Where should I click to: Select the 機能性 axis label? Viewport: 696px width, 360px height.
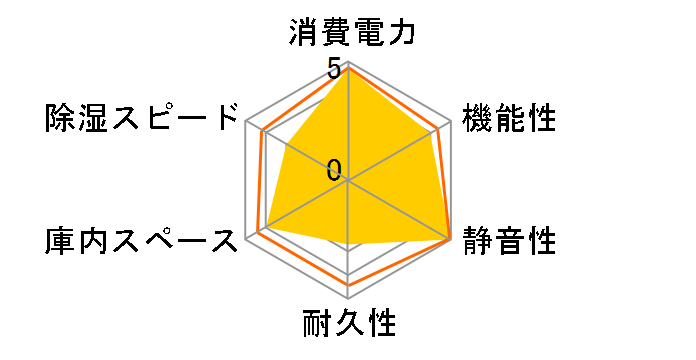[x=509, y=120]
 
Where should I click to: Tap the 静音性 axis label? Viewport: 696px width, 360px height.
[x=509, y=241]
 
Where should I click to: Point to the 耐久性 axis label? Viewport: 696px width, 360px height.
[x=348, y=325]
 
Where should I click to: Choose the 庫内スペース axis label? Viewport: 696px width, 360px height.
[x=143, y=241]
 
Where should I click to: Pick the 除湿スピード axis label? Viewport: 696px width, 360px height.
[x=143, y=120]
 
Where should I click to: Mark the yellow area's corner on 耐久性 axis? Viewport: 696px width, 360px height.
[x=348, y=244]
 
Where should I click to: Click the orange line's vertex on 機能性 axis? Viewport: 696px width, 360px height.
[x=439, y=128]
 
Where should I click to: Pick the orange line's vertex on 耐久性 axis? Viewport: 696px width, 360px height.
[x=348, y=285]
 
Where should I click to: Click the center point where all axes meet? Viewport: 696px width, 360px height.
[x=348, y=181]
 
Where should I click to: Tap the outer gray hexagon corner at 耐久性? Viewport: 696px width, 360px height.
[x=348, y=298]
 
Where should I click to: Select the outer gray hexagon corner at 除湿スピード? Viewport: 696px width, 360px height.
[x=247, y=122]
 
